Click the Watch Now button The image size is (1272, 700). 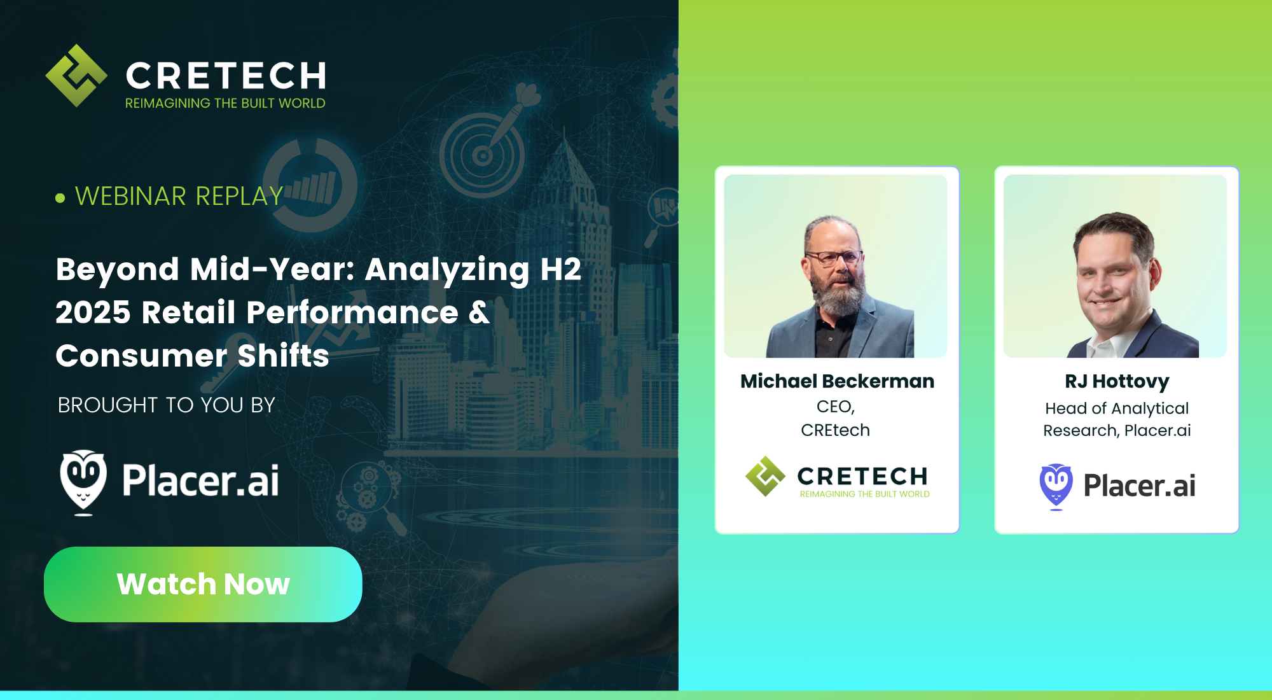203,584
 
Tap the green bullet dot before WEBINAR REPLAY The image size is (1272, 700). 60,198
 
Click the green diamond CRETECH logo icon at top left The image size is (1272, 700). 76,76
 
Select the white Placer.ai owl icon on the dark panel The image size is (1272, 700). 83,482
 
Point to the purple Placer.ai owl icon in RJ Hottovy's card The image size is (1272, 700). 1056,486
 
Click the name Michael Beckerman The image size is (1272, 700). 837,381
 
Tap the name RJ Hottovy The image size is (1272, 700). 1117,381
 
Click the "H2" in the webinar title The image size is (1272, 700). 560,269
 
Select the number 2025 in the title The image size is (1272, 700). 93,312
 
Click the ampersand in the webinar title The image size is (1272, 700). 479,312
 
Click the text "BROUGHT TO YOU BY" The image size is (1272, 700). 167,405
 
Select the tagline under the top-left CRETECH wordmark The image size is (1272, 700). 225,103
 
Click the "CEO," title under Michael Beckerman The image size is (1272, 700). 836,407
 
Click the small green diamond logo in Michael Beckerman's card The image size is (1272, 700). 765,476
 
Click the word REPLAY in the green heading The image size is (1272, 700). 239,197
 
